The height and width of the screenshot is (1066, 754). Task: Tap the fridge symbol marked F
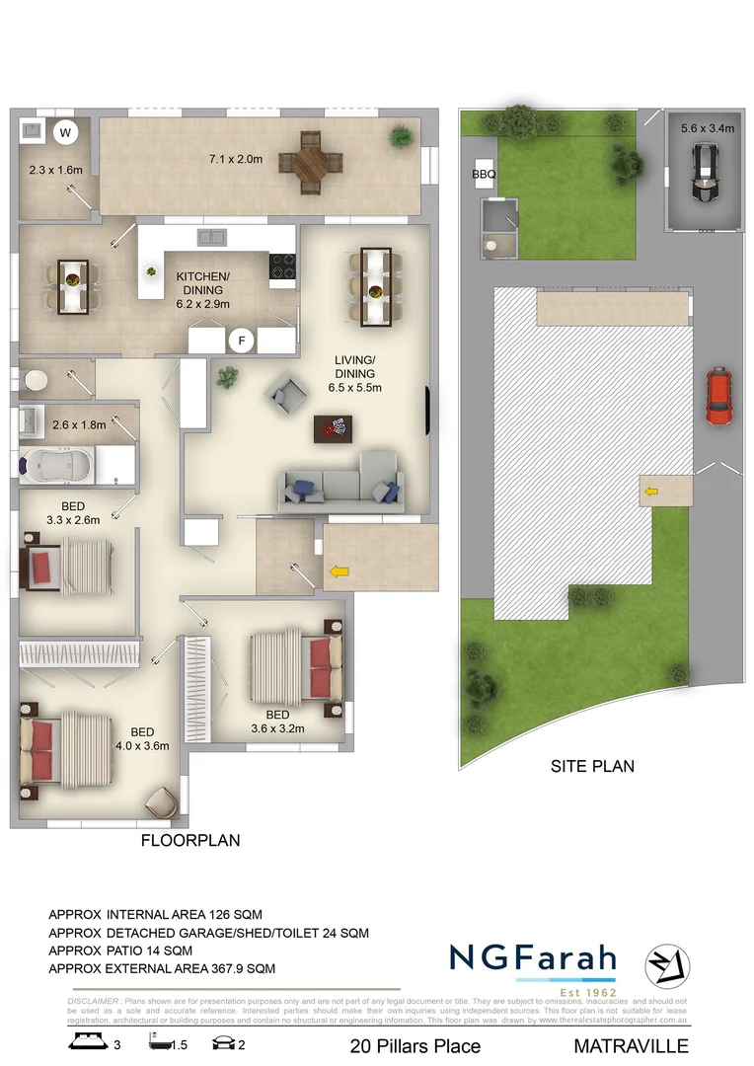click(x=239, y=341)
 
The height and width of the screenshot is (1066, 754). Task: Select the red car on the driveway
click(x=719, y=396)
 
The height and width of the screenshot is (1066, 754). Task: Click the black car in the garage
click(x=703, y=174)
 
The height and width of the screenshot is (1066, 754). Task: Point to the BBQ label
click(x=484, y=175)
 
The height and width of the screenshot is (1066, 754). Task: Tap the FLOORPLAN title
click(x=190, y=841)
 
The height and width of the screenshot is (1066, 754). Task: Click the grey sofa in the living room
click(x=340, y=483)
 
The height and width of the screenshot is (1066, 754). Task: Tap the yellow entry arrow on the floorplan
click(x=339, y=571)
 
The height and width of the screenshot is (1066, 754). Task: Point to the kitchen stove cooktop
click(x=282, y=267)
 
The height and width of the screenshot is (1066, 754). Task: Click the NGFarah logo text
click(x=532, y=958)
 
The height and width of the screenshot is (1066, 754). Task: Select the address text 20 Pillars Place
click(x=415, y=1046)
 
